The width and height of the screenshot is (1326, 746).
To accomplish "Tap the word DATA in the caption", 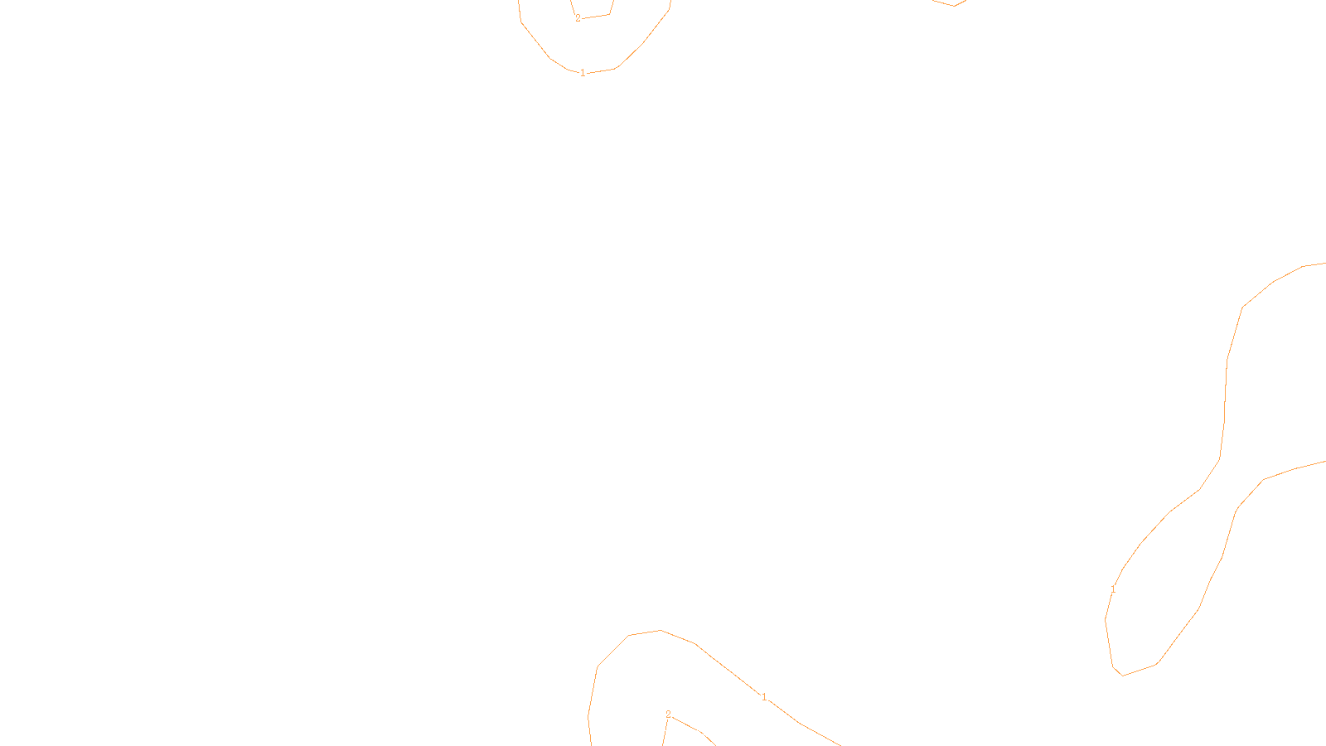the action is click(x=700, y=732).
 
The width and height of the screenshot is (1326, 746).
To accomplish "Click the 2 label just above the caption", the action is click(x=668, y=715).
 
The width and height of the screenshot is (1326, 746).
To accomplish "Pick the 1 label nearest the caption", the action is click(x=764, y=698).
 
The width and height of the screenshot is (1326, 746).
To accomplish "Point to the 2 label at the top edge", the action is click(x=578, y=18).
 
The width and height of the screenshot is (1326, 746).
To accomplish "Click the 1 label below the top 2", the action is click(x=583, y=73).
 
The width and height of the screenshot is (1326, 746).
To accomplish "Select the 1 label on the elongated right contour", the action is click(x=1113, y=589).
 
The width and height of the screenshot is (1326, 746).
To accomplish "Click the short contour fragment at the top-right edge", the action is click(x=953, y=4).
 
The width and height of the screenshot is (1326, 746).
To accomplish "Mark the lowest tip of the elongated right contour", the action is click(x=1123, y=675).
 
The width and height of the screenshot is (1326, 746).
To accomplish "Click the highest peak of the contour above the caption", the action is click(x=661, y=631).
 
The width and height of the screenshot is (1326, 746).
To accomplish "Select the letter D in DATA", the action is click(x=692, y=732).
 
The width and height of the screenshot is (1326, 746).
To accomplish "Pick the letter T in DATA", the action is click(x=704, y=732).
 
